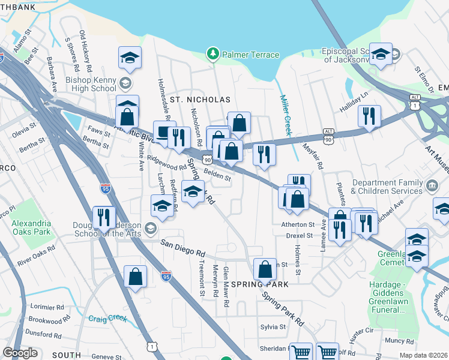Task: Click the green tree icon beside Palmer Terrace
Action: point(212,55)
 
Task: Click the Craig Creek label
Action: point(106,319)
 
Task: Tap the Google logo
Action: point(20,353)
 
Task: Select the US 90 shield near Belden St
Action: point(207,160)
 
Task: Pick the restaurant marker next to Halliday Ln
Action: point(369,115)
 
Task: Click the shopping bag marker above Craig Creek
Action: point(136,277)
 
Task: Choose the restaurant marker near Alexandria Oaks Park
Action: point(104,217)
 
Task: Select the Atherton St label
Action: point(298,224)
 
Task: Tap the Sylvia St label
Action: point(273,327)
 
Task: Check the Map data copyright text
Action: point(423,355)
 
